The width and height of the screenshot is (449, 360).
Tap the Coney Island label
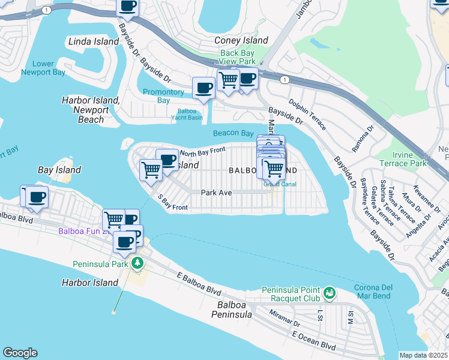pyautogui.click(x=241, y=40)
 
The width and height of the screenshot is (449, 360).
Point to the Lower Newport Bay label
pyautogui.click(x=43, y=68)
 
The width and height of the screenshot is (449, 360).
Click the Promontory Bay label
pyautogui.click(x=163, y=96)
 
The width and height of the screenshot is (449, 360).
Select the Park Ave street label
pyautogui.click(x=216, y=193)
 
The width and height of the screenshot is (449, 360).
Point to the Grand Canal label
pyautogui.click(x=276, y=184)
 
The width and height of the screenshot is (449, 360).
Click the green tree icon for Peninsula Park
pyautogui.click(x=137, y=263)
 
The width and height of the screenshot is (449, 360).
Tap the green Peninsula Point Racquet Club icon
pyautogui.click(x=329, y=293)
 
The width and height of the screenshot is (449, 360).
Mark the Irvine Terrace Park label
pyautogui.click(x=403, y=159)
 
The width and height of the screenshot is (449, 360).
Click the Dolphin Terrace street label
pyautogui.click(x=308, y=115)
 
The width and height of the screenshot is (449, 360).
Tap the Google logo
pyautogui.click(x=20, y=353)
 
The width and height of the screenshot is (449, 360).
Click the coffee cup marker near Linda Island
pyautogui.click(x=127, y=7)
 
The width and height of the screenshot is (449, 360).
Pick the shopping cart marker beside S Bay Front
pyautogui.click(x=150, y=170)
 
